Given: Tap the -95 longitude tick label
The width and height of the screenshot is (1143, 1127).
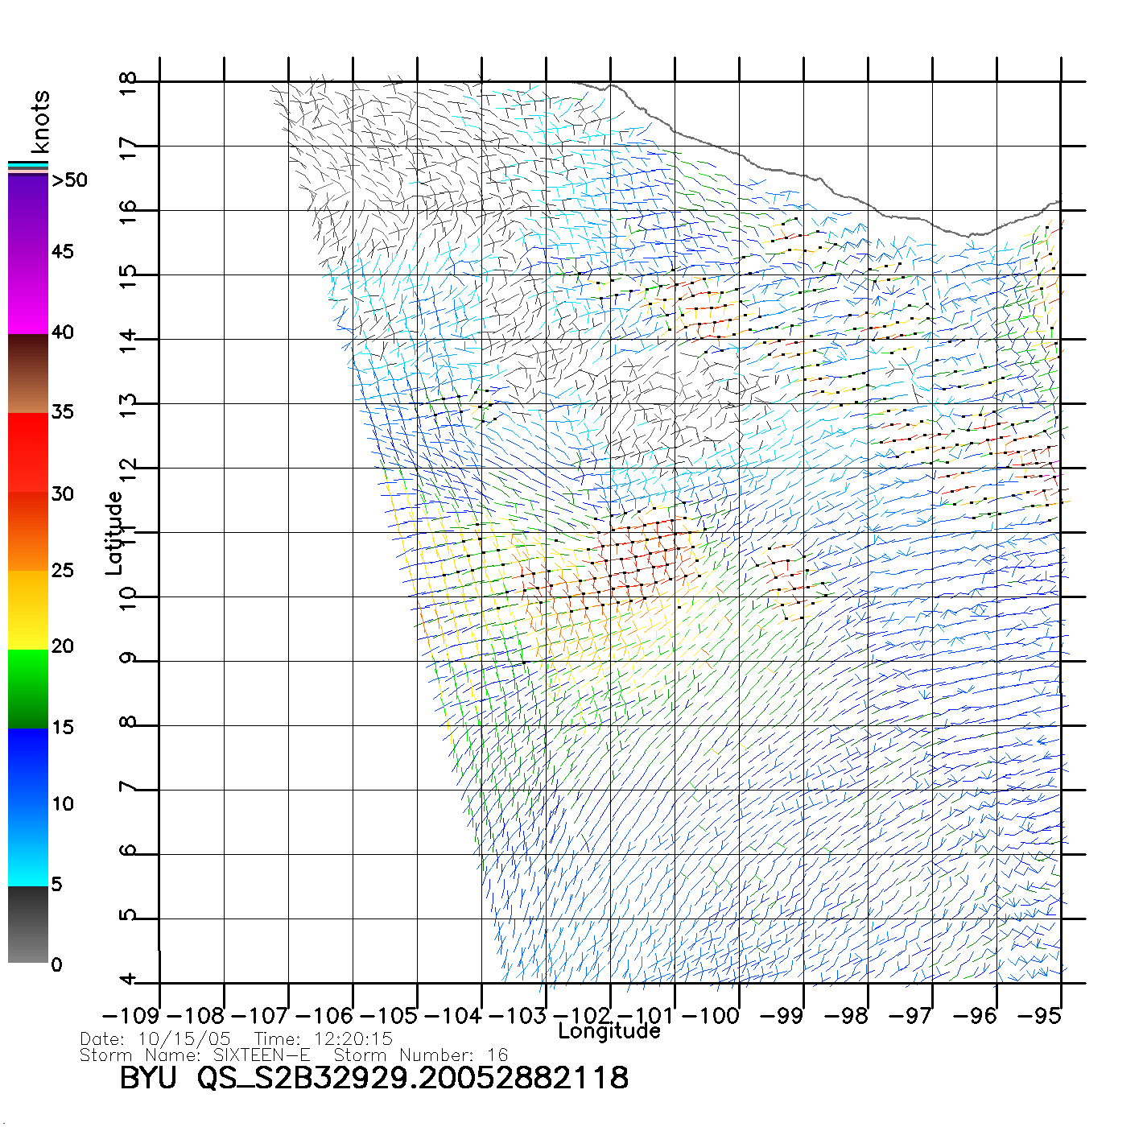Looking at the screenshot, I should (x=1039, y=1016).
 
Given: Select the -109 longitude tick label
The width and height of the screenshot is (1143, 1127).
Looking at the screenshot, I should (x=131, y=1016).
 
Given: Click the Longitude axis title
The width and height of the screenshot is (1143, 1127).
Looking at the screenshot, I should (x=609, y=1031).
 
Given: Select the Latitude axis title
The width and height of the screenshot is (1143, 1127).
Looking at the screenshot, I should (x=115, y=533).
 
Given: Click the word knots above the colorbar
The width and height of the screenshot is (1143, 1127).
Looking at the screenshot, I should (x=40, y=122).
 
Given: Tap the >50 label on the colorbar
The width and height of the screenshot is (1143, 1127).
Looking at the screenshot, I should (x=69, y=180).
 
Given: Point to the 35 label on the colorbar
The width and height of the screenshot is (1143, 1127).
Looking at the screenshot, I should (x=62, y=412).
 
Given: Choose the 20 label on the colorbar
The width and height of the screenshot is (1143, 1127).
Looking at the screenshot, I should (x=62, y=646).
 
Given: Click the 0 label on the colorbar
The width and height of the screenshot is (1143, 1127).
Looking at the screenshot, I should (x=56, y=964).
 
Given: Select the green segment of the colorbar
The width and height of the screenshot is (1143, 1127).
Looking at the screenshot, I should (x=28, y=688).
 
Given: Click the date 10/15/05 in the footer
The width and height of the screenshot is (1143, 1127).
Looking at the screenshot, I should (x=184, y=1039).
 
